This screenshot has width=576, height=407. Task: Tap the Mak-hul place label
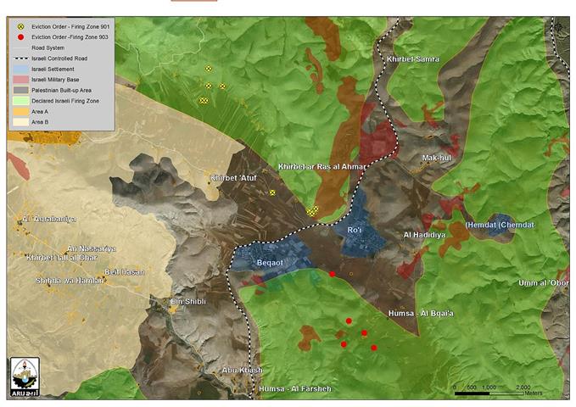(x=439, y=158)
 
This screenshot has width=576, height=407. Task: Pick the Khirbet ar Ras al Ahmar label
(x=322, y=166)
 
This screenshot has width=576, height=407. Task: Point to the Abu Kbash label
(x=240, y=371)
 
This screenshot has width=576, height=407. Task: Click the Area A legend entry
(x=39, y=112)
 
